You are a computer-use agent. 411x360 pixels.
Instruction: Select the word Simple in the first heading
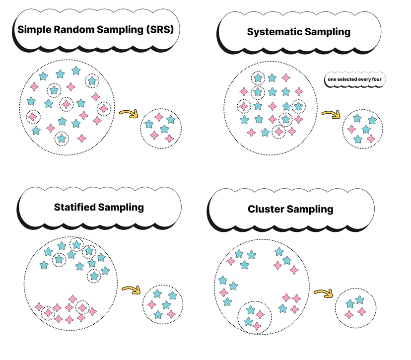(x=35, y=29)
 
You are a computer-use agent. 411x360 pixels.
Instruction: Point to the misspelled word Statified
(x=75, y=207)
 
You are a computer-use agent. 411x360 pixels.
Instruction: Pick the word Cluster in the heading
(x=266, y=210)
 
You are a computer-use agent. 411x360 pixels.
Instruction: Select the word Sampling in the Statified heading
(x=121, y=207)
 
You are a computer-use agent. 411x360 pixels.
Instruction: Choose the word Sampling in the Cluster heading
(x=310, y=210)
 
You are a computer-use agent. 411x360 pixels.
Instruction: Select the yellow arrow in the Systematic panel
(x=330, y=115)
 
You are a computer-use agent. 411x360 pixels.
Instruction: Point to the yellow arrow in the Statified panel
(x=130, y=289)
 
